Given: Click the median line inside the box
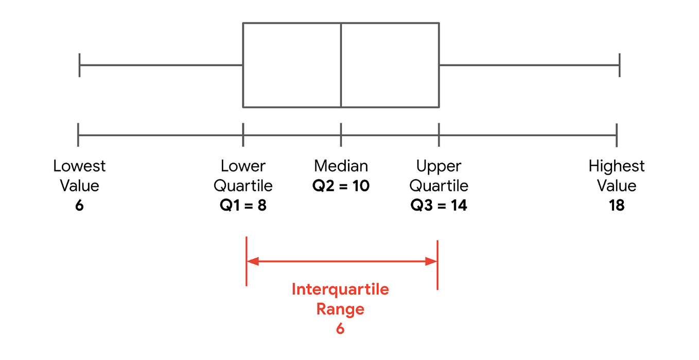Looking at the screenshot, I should [x=341, y=65].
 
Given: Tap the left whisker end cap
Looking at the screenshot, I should [x=79, y=65].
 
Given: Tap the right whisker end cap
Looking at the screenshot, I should [x=619, y=65].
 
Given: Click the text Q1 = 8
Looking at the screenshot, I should [x=243, y=205].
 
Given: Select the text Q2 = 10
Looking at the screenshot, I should [x=341, y=185].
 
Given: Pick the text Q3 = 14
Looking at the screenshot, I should [x=439, y=205].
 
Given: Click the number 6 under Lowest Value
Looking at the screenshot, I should [x=79, y=205].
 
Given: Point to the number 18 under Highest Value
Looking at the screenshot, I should [x=616, y=205].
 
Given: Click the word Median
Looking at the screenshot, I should [x=341, y=166].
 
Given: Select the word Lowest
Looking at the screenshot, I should [x=79, y=166].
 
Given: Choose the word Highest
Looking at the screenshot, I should [x=616, y=166].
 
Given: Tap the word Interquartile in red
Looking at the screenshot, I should [x=340, y=289].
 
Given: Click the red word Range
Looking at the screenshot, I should [x=340, y=309].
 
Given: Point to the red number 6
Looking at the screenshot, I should [x=340, y=329].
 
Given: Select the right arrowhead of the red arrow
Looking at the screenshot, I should [x=432, y=261].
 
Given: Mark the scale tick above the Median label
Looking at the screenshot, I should [x=341, y=135].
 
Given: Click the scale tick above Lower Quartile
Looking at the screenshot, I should [x=243, y=135].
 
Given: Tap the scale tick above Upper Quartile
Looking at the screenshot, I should [x=439, y=135].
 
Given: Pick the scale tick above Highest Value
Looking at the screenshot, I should [x=616, y=135].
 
